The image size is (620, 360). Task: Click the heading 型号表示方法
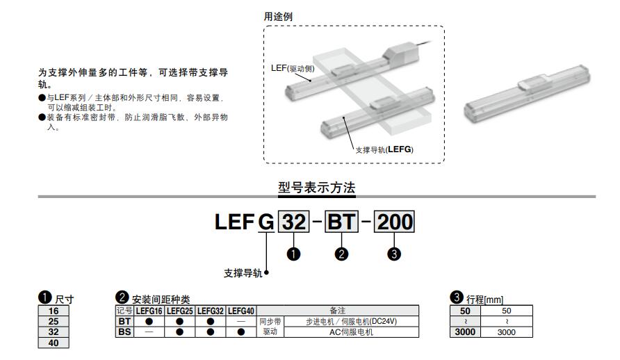[x=316, y=187]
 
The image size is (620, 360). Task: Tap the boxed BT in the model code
[x=341, y=222]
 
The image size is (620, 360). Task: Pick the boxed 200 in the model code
[x=394, y=222]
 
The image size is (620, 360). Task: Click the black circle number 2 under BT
[x=341, y=254]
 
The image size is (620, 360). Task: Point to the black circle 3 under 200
[x=394, y=254]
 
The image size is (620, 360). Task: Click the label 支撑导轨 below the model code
[x=243, y=273]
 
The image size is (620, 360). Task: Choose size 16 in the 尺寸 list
[x=54, y=311]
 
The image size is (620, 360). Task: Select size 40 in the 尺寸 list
[x=54, y=343]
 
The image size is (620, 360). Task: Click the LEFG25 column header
[x=179, y=311]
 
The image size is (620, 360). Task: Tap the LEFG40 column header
[x=242, y=311]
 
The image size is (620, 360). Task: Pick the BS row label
[x=124, y=332]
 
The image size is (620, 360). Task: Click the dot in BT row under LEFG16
[x=149, y=322]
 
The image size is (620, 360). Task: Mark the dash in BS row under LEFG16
[x=149, y=332]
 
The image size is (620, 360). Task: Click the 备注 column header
[x=338, y=311]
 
